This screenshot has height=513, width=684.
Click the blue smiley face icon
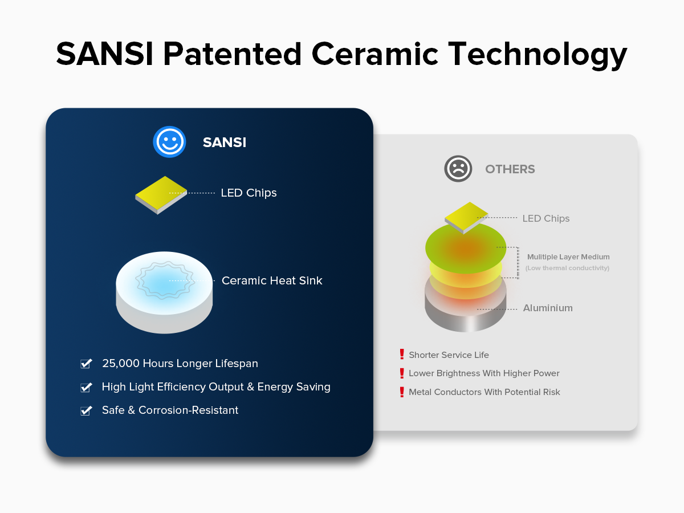(169, 142)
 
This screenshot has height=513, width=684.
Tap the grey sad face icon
(458, 169)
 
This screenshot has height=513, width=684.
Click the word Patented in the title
(233, 54)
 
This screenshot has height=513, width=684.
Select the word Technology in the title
(538, 55)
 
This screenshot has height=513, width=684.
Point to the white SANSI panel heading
(225, 142)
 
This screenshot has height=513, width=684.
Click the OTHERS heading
(510, 169)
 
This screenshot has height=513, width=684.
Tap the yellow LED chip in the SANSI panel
(161, 195)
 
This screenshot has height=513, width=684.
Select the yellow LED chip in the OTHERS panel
(466, 218)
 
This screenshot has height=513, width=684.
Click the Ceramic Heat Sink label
(272, 280)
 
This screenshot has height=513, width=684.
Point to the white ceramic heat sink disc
(164, 292)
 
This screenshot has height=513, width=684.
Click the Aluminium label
(548, 308)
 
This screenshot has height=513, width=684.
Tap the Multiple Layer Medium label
(568, 256)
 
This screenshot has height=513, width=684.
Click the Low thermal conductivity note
(567, 268)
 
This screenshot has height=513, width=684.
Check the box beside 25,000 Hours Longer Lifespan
(86, 363)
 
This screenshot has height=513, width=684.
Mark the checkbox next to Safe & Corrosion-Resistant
(86, 410)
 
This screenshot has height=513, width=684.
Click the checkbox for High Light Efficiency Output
(86, 387)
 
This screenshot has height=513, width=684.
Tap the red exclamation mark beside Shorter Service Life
(402, 354)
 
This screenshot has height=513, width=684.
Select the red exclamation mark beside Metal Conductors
(402, 392)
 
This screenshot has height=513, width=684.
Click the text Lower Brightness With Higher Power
(484, 373)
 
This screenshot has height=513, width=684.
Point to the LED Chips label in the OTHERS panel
(545, 218)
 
